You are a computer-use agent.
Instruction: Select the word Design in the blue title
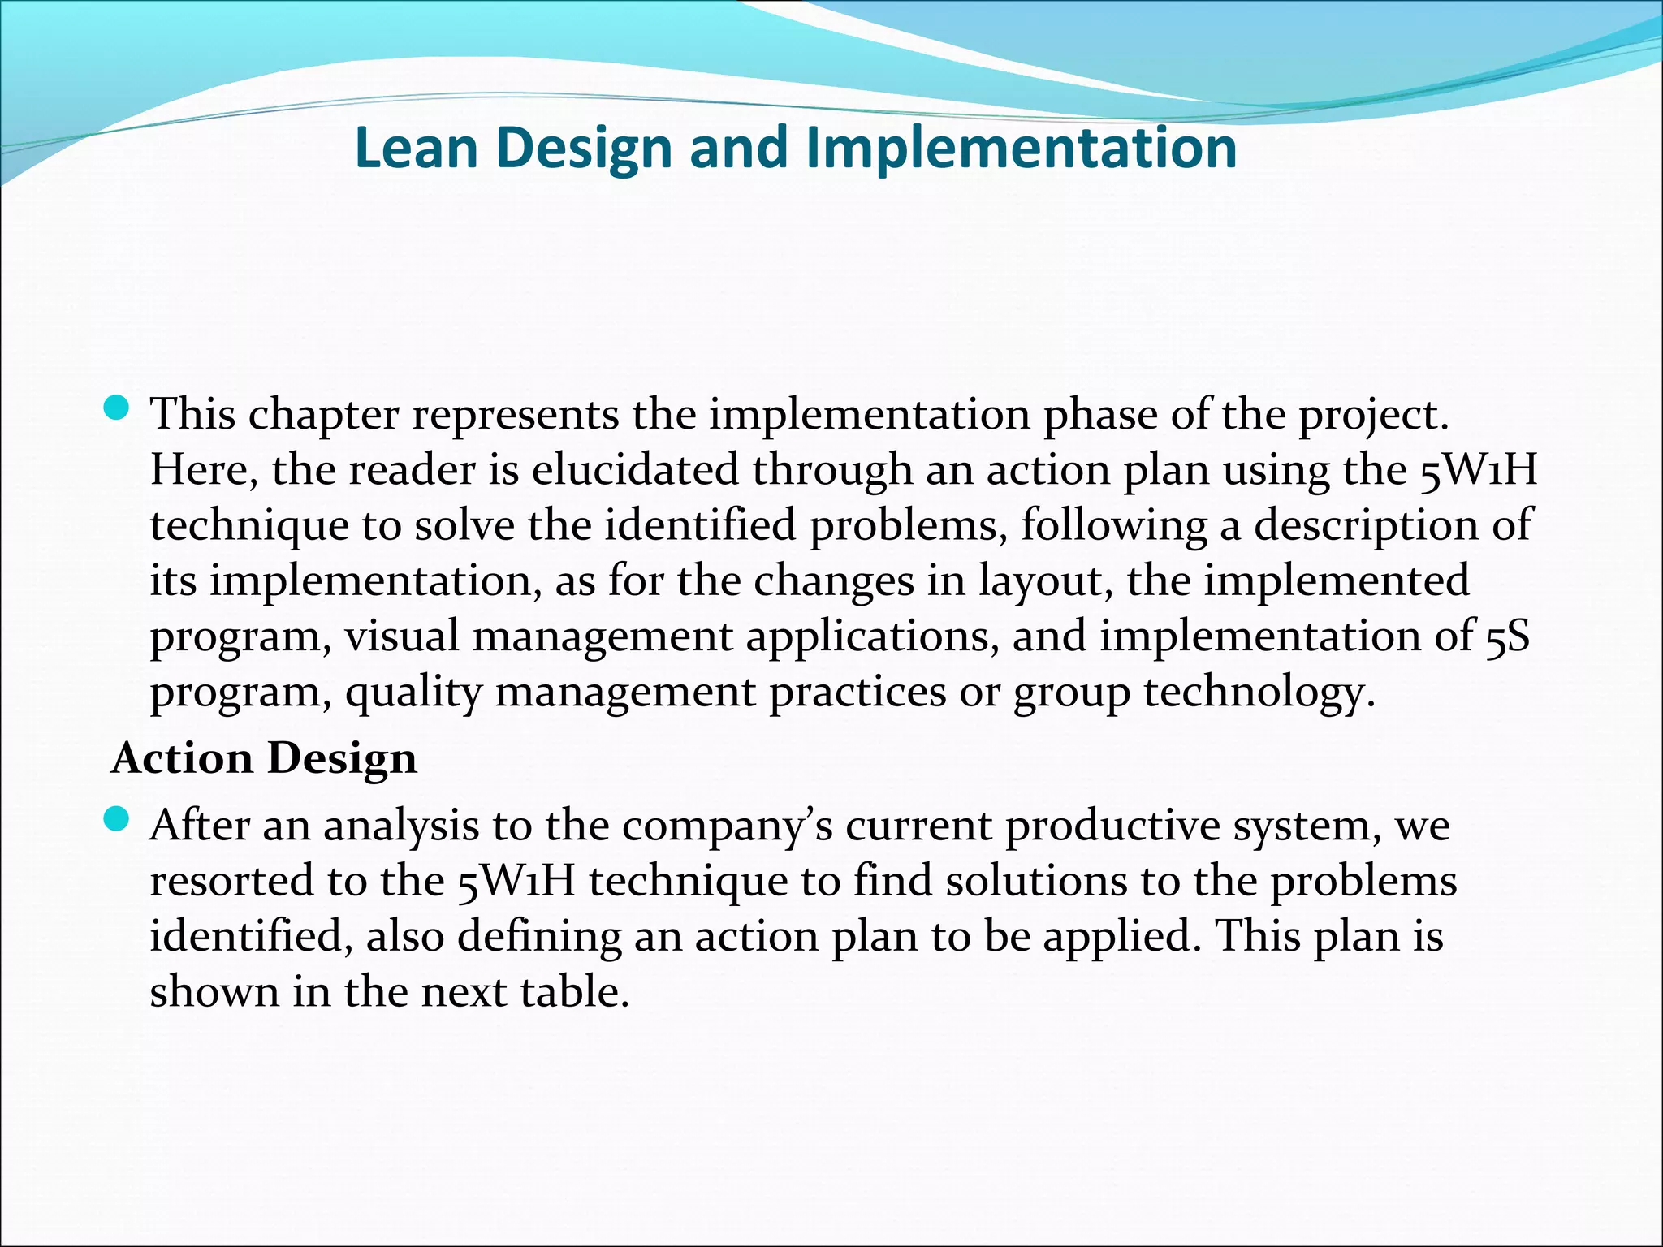coord(584,149)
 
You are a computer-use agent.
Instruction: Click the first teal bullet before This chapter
coord(118,408)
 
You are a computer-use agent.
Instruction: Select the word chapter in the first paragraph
coord(323,415)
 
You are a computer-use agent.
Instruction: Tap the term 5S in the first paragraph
coord(1508,636)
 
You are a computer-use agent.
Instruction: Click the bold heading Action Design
coord(264,758)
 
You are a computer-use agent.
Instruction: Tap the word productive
coord(1113,826)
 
